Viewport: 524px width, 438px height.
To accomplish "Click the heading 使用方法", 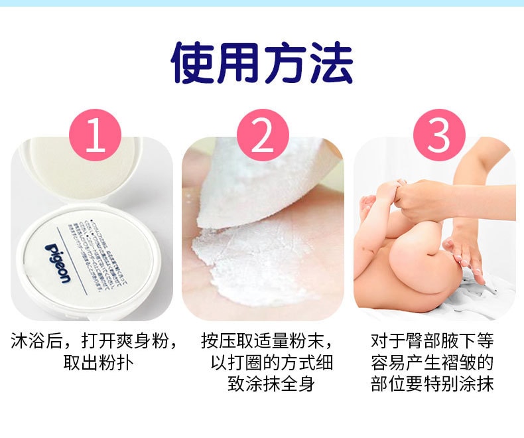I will coord(262,63).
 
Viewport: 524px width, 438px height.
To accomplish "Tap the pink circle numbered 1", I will coord(96,135).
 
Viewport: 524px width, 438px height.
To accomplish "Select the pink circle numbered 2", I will coord(263,135).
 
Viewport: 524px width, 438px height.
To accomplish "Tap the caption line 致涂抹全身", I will coord(271,384).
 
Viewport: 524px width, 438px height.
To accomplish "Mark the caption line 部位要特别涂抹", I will coord(432,384).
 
